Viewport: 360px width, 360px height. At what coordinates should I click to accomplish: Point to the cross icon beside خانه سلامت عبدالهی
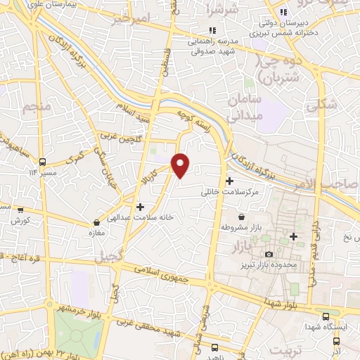click(141, 207)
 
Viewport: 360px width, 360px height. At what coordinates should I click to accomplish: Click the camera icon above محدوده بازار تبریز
click(268, 253)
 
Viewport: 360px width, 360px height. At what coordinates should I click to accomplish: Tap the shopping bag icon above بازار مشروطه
click(242, 217)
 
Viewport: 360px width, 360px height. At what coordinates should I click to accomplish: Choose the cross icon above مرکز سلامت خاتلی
click(230, 180)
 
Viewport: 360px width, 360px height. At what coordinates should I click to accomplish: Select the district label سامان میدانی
click(245, 108)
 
